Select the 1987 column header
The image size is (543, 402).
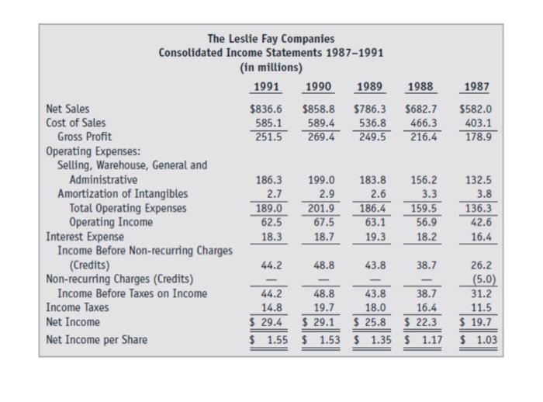(476, 87)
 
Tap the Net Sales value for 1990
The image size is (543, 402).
(318, 109)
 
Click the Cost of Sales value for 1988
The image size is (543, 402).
(424, 123)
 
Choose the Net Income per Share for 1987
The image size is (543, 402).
(478, 338)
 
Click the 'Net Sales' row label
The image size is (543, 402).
(67, 109)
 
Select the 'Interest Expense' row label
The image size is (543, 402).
(85, 236)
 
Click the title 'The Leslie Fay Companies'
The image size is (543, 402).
(271, 38)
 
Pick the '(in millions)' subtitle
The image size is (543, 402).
(271, 67)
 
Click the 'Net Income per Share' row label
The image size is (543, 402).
(97, 338)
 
